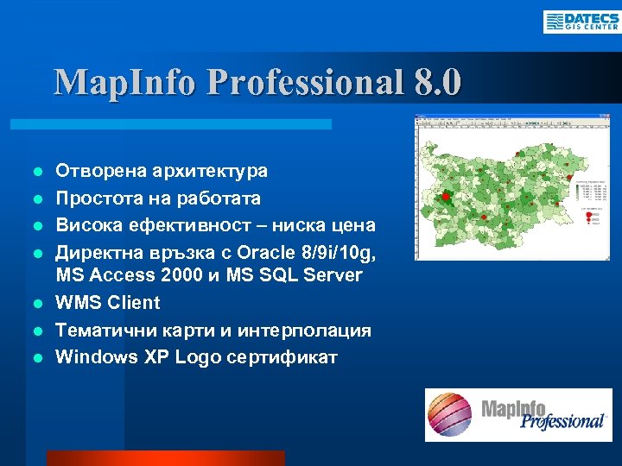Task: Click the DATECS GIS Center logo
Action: [581, 22]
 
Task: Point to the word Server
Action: [333, 276]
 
